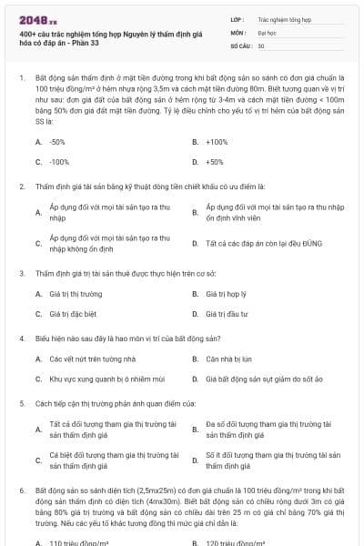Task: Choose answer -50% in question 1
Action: click(56, 142)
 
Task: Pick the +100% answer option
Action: click(217, 142)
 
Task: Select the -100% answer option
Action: click(58, 161)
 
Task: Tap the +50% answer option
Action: click(215, 161)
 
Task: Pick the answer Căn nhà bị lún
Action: click(227, 358)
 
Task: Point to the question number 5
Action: click(21, 401)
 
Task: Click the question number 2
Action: click(21, 186)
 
